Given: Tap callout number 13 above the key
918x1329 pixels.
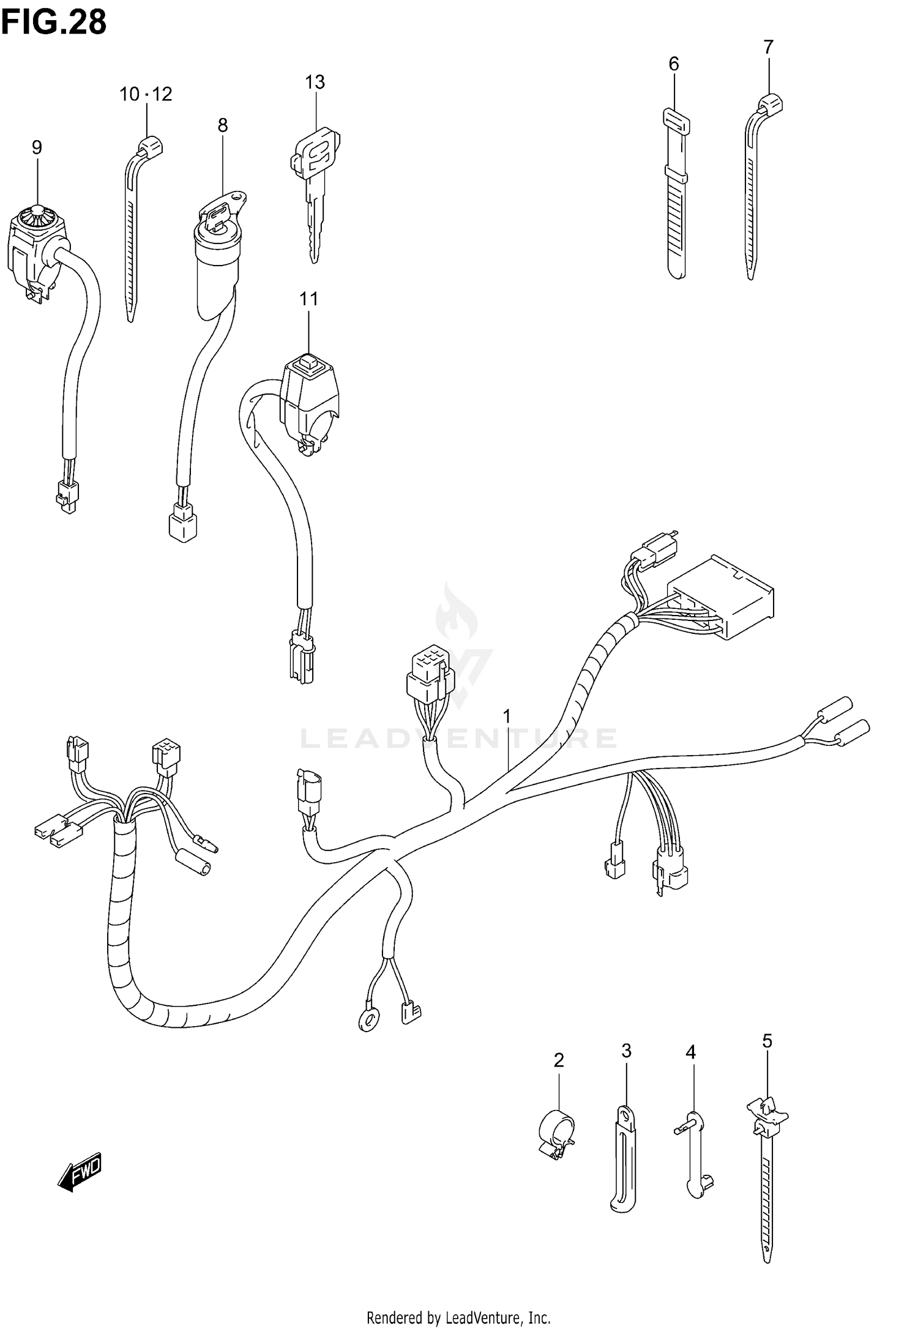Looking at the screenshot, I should pos(315,82).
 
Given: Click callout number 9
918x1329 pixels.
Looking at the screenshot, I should pos(37,147).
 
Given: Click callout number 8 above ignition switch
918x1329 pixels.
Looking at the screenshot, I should pos(222,125).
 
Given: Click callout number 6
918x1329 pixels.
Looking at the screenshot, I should pos(673,64).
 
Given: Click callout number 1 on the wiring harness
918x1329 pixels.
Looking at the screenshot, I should pos(507,715).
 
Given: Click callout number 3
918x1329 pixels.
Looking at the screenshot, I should pos(626,1051).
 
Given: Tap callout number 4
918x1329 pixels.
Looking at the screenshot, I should pos(690,1052).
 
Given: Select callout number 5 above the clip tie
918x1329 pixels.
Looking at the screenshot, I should pos(767,1041).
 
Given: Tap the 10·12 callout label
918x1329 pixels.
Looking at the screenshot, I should pos(146,94).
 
